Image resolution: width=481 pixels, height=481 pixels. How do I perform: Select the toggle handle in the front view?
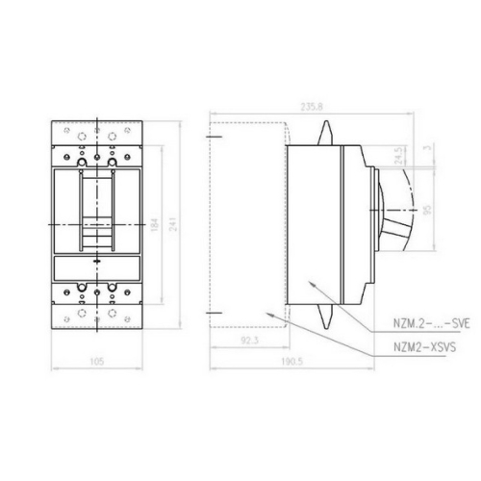[96, 207]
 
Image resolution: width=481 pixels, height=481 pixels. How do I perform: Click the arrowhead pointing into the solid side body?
[313, 282]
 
